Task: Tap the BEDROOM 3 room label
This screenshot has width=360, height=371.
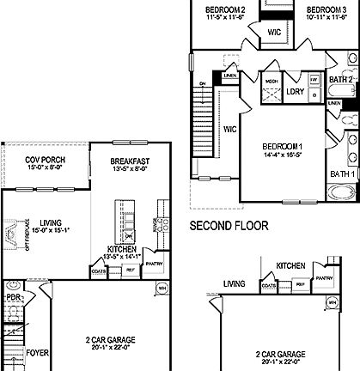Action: (x=326, y=10)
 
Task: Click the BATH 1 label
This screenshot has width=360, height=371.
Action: (x=340, y=174)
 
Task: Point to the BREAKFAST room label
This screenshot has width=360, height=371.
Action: (x=131, y=161)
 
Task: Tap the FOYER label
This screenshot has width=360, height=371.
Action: (x=37, y=352)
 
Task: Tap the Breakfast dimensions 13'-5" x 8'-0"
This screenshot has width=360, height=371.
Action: (x=131, y=170)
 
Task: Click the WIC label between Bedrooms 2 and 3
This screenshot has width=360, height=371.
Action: (x=275, y=33)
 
